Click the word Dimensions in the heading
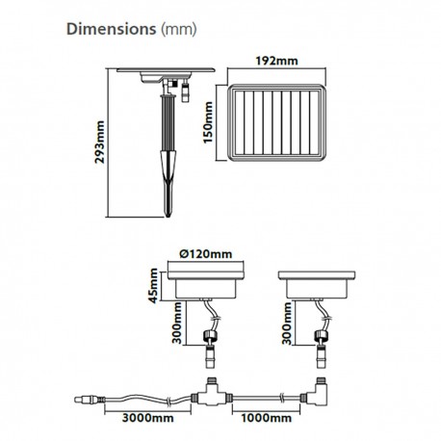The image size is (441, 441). point(111,29)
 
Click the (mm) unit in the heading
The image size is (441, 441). point(178,30)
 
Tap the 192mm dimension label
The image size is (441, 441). point(276,61)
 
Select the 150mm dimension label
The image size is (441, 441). point(208,122)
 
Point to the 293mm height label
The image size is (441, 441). point(100,143)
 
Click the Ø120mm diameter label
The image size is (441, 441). point(206,254)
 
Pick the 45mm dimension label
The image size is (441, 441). point(154,286)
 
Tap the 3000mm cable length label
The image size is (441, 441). point(148,418)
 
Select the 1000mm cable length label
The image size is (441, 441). point(267,418)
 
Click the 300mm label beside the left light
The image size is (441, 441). point(177,323)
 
